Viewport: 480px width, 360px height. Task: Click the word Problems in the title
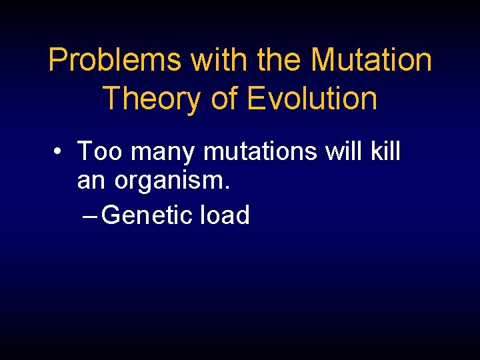coord(115,61)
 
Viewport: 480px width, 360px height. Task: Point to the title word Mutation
coord(371,61)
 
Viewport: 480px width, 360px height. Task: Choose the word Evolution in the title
coord(312,99)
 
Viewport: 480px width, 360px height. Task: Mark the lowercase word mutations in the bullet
coord(261,152)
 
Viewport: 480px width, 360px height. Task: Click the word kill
coord(385,151)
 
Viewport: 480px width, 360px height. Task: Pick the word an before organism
coord(93,181)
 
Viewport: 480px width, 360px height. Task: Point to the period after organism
coord(227,187)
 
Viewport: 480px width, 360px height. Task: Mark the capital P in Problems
coord(57,61)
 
